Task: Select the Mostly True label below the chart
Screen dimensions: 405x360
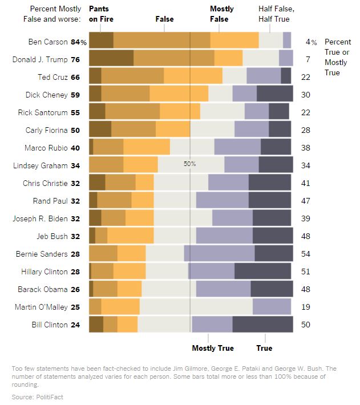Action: tap(213, 348)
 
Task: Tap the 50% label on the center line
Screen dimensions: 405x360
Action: tap(189, 164)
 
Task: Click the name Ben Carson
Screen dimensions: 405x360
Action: tap(48, 42)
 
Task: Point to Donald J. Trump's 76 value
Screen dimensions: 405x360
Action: tap(75, 59)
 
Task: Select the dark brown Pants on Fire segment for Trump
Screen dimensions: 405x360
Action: tap(111, 59)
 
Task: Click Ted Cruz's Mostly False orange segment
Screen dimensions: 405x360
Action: tap(193, 76)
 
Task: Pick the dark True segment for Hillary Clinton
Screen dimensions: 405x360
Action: tap(264, 272)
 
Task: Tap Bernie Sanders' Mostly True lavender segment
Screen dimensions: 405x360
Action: tap(219, 253)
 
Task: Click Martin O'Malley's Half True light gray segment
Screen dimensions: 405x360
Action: tap(196, 307)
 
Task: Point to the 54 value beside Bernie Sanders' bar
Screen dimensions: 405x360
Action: tap(306, 253)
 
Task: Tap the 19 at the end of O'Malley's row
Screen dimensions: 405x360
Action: tap(306, 307)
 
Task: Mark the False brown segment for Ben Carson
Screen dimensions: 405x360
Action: tap(162, 41)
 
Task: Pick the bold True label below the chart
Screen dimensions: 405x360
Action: tap(264, 348)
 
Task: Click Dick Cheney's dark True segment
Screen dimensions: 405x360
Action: tap(274, 95)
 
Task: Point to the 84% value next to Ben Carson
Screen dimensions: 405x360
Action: tap(79, 42)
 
